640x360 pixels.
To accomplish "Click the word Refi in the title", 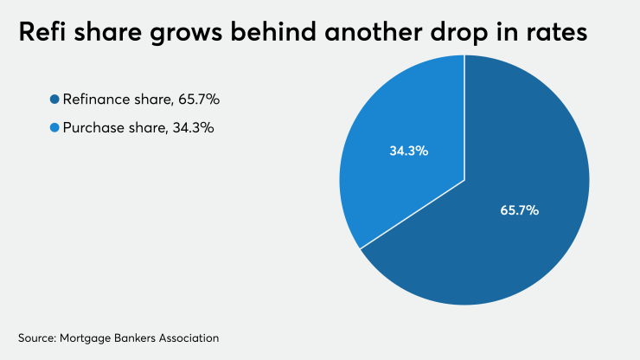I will pyautogui.click(x=42, y=35).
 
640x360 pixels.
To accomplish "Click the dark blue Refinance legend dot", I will pyautogui.click(x=54, y=100).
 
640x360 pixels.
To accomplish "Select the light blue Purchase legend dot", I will pyautogui.click(x=54, y=127).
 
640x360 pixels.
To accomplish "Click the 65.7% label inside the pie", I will pyautogui.click(x=520, y=210).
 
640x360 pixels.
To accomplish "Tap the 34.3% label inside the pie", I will pyautogui.click(x=408, y=151).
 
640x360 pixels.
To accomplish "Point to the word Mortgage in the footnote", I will pyautogui.click(x=90, y=336).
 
